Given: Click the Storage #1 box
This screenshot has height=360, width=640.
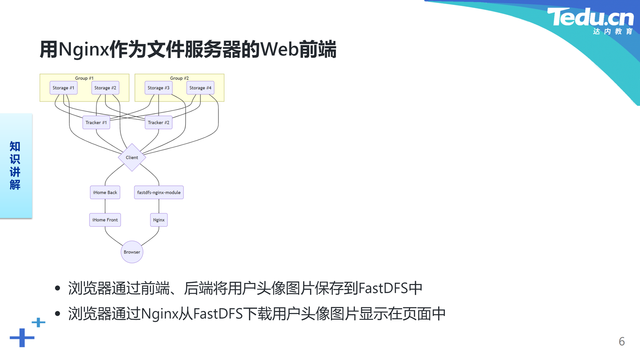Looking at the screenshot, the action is click(63, 88).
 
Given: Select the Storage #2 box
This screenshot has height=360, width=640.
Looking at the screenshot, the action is click(105, 88).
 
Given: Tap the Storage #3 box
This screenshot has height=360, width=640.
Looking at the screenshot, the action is click(159, 88).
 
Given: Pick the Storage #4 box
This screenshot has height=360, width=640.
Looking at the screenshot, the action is click(200, 88).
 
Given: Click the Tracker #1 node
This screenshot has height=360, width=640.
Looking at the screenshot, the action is click(96, 122).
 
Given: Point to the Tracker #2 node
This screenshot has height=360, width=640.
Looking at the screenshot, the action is click(159, 122).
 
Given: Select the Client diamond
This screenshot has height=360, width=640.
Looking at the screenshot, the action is click(132, 157).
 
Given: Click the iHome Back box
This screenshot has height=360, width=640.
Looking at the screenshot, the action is click(105, 192).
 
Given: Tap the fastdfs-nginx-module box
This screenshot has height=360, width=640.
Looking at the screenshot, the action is click(159, 192).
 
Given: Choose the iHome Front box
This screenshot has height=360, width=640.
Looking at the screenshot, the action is click(105, 220).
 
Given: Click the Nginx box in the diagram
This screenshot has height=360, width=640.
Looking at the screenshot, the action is click(159, 220).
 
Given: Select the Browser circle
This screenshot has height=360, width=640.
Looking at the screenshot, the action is click(132, 252).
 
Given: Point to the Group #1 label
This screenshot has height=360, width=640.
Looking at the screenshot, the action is click(84, 78).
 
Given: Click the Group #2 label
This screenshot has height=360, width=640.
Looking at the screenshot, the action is click(179, 78).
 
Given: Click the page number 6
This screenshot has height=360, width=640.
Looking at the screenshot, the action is click(622, 341).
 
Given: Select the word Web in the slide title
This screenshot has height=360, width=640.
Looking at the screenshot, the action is click(279, 49).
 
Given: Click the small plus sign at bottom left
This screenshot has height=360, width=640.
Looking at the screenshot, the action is click(38, 322).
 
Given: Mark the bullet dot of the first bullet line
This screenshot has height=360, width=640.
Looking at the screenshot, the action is click(58, 288).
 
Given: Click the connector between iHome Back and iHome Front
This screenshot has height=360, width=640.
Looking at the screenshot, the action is click(105, 206).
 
